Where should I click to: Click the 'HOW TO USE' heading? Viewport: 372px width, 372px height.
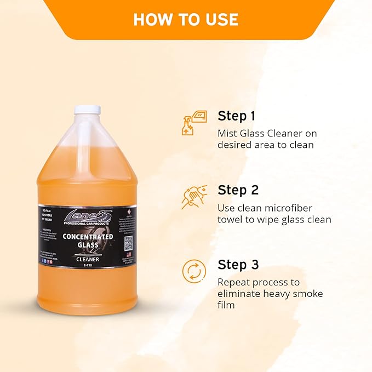tap(186, 19)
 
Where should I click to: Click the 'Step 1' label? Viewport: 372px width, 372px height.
tap(236, 116)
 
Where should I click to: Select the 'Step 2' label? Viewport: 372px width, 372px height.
tap(238, 190)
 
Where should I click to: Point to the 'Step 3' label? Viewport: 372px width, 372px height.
tap(238, 265)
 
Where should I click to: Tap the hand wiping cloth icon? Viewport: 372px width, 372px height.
tap(194, 197)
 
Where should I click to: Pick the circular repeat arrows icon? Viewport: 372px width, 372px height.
tap(194, 272)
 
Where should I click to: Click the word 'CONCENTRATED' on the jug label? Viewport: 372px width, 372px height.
tap(88, 237)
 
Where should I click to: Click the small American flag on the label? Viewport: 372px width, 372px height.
tap(129, 254)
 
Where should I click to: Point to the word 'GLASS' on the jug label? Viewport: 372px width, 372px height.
tap(88, 245)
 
